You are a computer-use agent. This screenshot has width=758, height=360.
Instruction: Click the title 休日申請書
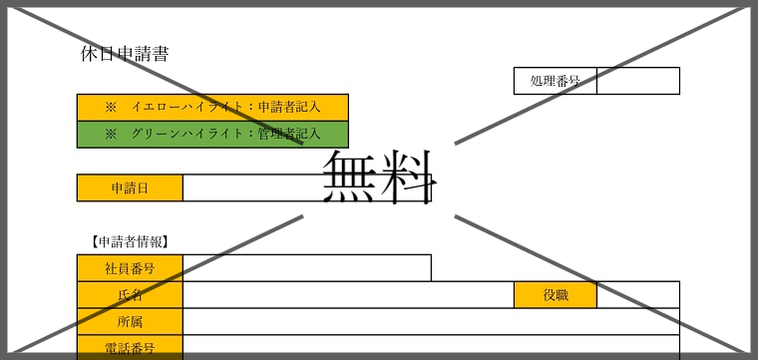click(125, 54)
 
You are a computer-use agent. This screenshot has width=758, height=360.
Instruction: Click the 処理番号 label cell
click(556, 81)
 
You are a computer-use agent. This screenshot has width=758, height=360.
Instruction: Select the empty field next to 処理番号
click(638, 81)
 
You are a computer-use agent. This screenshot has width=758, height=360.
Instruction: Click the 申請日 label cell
click(130, 187)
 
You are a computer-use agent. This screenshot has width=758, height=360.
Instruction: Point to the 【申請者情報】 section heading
click(128, 241)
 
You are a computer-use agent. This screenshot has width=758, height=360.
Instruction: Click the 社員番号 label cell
click(130, 268)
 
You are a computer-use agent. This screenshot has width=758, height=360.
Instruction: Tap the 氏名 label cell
click(130, 295)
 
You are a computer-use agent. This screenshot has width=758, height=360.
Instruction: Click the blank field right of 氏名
click(348, 295)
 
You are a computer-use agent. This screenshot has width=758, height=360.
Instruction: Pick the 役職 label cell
click(556, 295)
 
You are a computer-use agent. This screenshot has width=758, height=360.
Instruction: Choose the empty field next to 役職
click(638, 295)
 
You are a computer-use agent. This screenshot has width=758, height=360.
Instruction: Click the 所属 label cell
click(130, 322)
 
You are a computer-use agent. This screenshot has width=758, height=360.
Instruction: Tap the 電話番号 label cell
click(130, 348)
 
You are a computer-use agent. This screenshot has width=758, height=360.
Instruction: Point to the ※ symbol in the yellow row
click(111, 108)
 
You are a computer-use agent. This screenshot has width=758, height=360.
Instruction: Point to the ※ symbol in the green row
click(111, 134)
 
